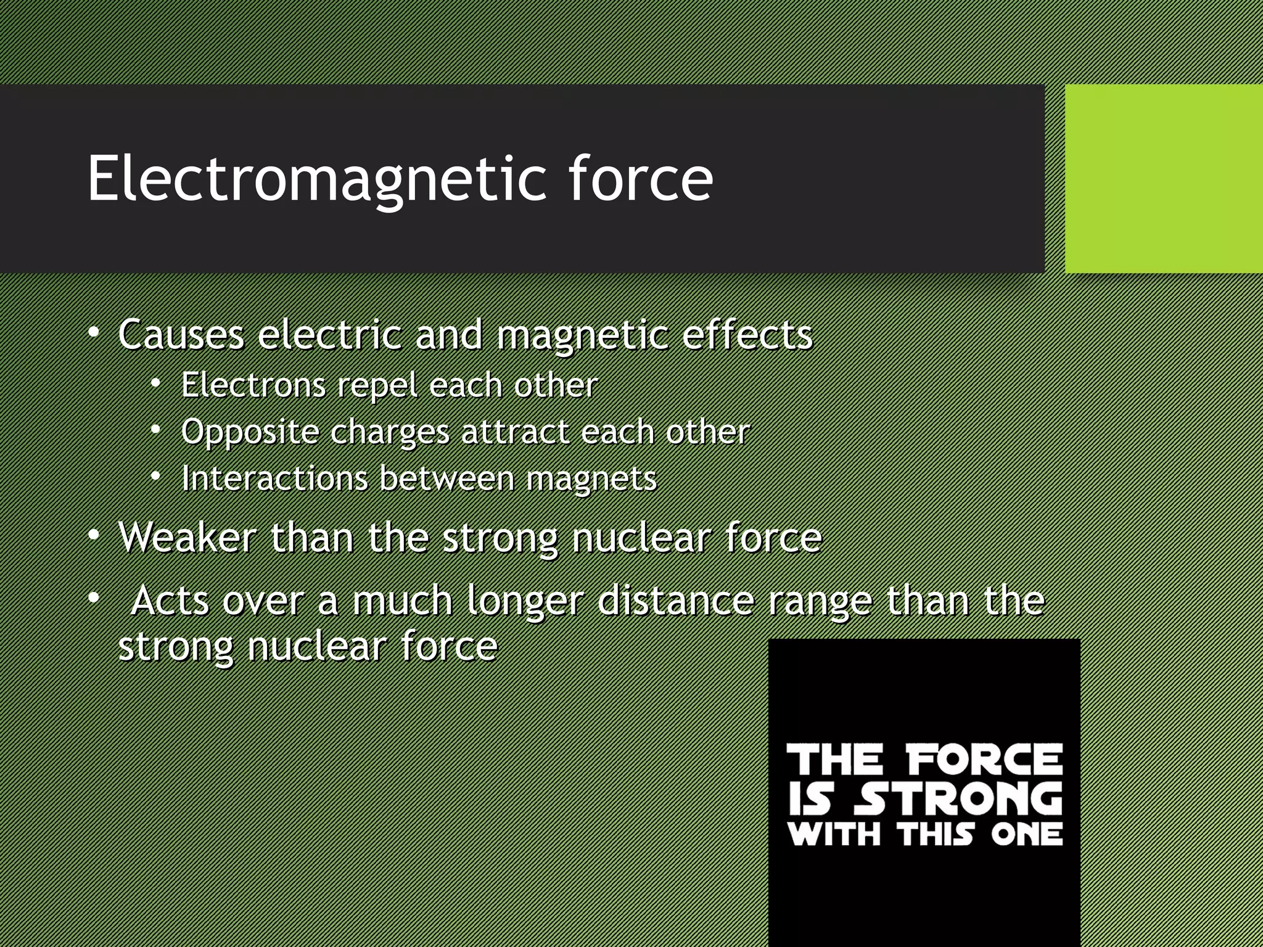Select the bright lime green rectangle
coord(1163,179)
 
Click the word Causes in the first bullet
coord(181,335)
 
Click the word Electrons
coord(253,386)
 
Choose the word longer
coord(524,602)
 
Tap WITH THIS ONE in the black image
coord(925,835)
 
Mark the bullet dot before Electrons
coord(157,383)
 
